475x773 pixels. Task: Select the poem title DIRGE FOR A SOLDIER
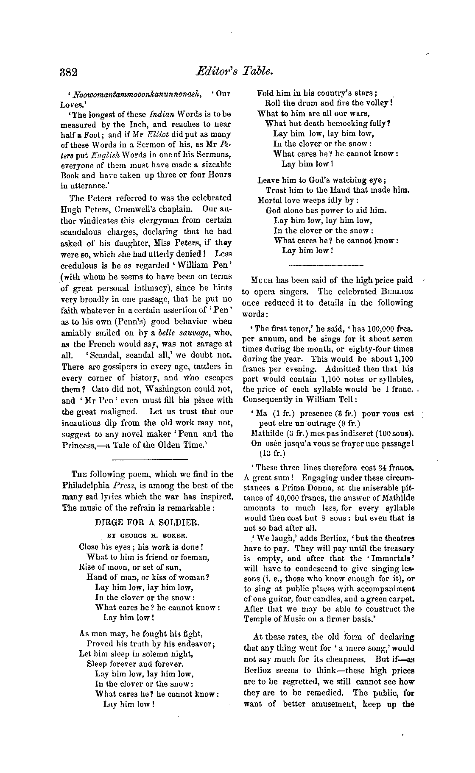click(147, 522)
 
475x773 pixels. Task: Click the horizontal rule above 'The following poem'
click(149, 459)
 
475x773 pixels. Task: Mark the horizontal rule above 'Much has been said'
click(326, 266)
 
